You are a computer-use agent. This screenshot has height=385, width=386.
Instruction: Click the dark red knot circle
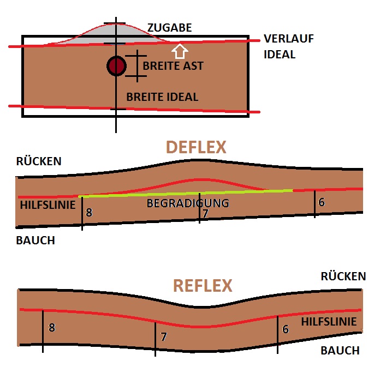click(116, 66)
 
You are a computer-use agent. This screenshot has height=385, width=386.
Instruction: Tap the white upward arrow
click(180, 51)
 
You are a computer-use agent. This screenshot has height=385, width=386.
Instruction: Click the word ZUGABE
click(169, 27)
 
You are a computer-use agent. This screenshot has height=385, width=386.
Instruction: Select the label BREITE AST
click(173, 66)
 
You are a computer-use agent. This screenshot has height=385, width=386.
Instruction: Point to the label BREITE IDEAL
click(162, 97)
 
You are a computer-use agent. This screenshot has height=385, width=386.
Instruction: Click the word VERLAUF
click(288, 39)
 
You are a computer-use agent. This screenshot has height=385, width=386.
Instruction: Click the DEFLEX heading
click(196, 147)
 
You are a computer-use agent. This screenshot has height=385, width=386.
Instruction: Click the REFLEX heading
click(203, 286)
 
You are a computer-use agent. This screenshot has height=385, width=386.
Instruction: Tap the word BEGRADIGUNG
click(187, 203)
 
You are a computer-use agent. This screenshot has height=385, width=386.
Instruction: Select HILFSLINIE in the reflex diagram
click(329, 322)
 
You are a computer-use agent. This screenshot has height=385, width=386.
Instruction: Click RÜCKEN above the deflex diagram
click(39, 161)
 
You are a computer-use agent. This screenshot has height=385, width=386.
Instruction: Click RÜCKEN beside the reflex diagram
click(343, 276)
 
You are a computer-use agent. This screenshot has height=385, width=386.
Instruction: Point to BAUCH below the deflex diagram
click(35, 240)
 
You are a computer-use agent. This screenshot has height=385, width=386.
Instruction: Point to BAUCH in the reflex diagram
click(340, 351)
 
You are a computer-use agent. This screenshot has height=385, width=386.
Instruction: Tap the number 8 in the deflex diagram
click(89, 213)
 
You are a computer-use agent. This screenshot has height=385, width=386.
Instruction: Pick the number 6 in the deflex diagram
click(322, 202)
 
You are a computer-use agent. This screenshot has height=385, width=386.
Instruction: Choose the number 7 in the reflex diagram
click(163, 337)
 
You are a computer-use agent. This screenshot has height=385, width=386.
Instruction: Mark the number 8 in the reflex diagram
click(52, 328)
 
